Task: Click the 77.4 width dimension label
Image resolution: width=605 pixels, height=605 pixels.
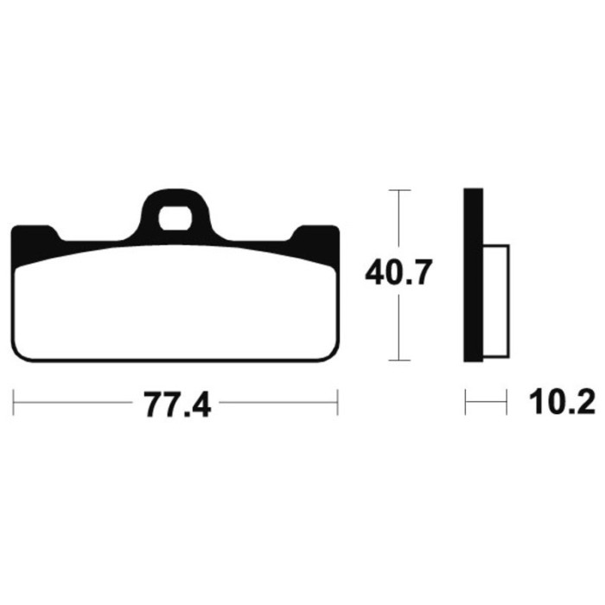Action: tap(177, 404)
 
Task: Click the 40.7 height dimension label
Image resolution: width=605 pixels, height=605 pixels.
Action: tap(398, 272)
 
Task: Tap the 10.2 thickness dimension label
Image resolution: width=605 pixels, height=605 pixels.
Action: tap(562, 402)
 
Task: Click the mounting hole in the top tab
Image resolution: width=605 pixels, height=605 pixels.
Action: tap(175, 219)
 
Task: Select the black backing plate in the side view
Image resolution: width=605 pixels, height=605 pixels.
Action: tap(473, 275)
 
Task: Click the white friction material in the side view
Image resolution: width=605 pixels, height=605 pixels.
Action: tap(496, 301)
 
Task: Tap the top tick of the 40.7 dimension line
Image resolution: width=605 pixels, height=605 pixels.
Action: tap(399, 190)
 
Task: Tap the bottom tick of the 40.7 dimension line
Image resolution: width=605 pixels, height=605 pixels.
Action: tap(399, 360)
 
